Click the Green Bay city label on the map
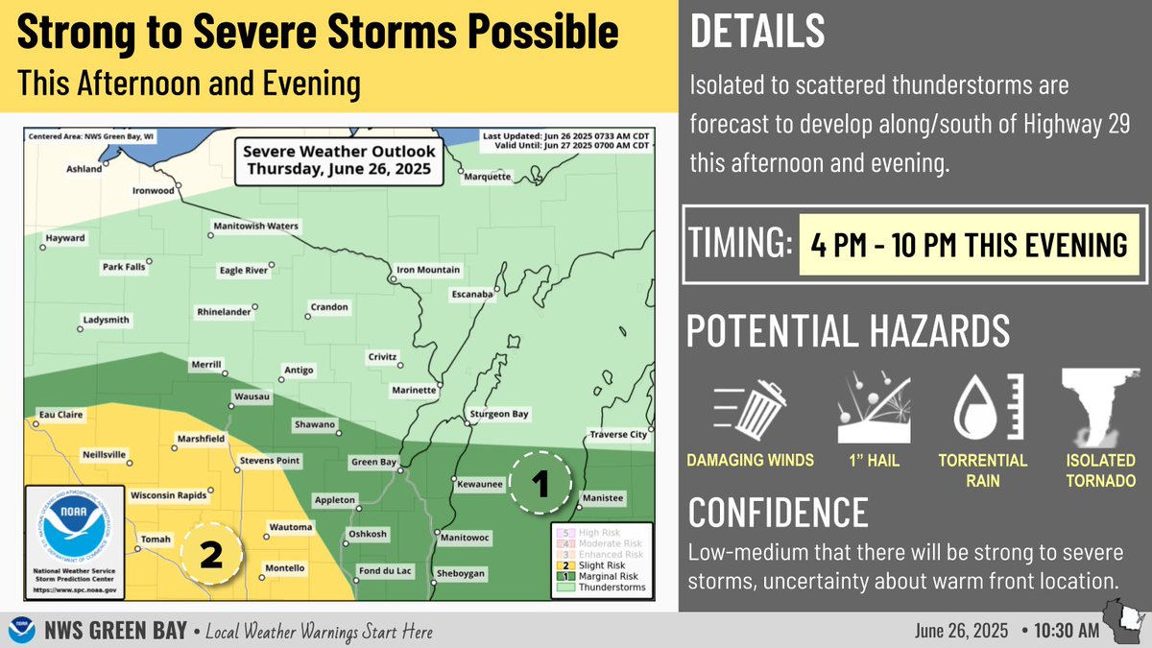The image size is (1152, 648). pos(374,462)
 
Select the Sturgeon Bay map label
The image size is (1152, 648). pos(500,415)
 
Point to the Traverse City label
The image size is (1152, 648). pos(618,435)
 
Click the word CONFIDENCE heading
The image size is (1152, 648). pos(779,513)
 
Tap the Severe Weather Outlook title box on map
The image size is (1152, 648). pos(339,160)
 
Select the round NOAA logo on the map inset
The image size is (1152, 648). pos(74,530)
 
